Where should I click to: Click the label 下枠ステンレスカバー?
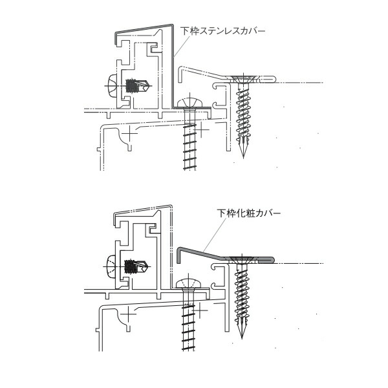point(222,31)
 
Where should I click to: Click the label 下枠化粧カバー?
point(249,213)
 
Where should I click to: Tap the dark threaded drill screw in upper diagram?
point(137,85)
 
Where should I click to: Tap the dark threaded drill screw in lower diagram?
point(136,266)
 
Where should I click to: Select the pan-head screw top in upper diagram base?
point(190,102)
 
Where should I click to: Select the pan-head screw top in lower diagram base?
point(188,283)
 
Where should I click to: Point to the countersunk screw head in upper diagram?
point(243,79)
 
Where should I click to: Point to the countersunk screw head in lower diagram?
point(241,260)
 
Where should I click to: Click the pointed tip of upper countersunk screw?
point(243,158)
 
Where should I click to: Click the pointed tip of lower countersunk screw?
point(242,338)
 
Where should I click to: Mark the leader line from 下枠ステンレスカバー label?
point(181,46)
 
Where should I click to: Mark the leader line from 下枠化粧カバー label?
point(215,235)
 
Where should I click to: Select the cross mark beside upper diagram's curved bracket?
point(129,134)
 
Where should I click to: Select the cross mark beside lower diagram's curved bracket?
point(128,314)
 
